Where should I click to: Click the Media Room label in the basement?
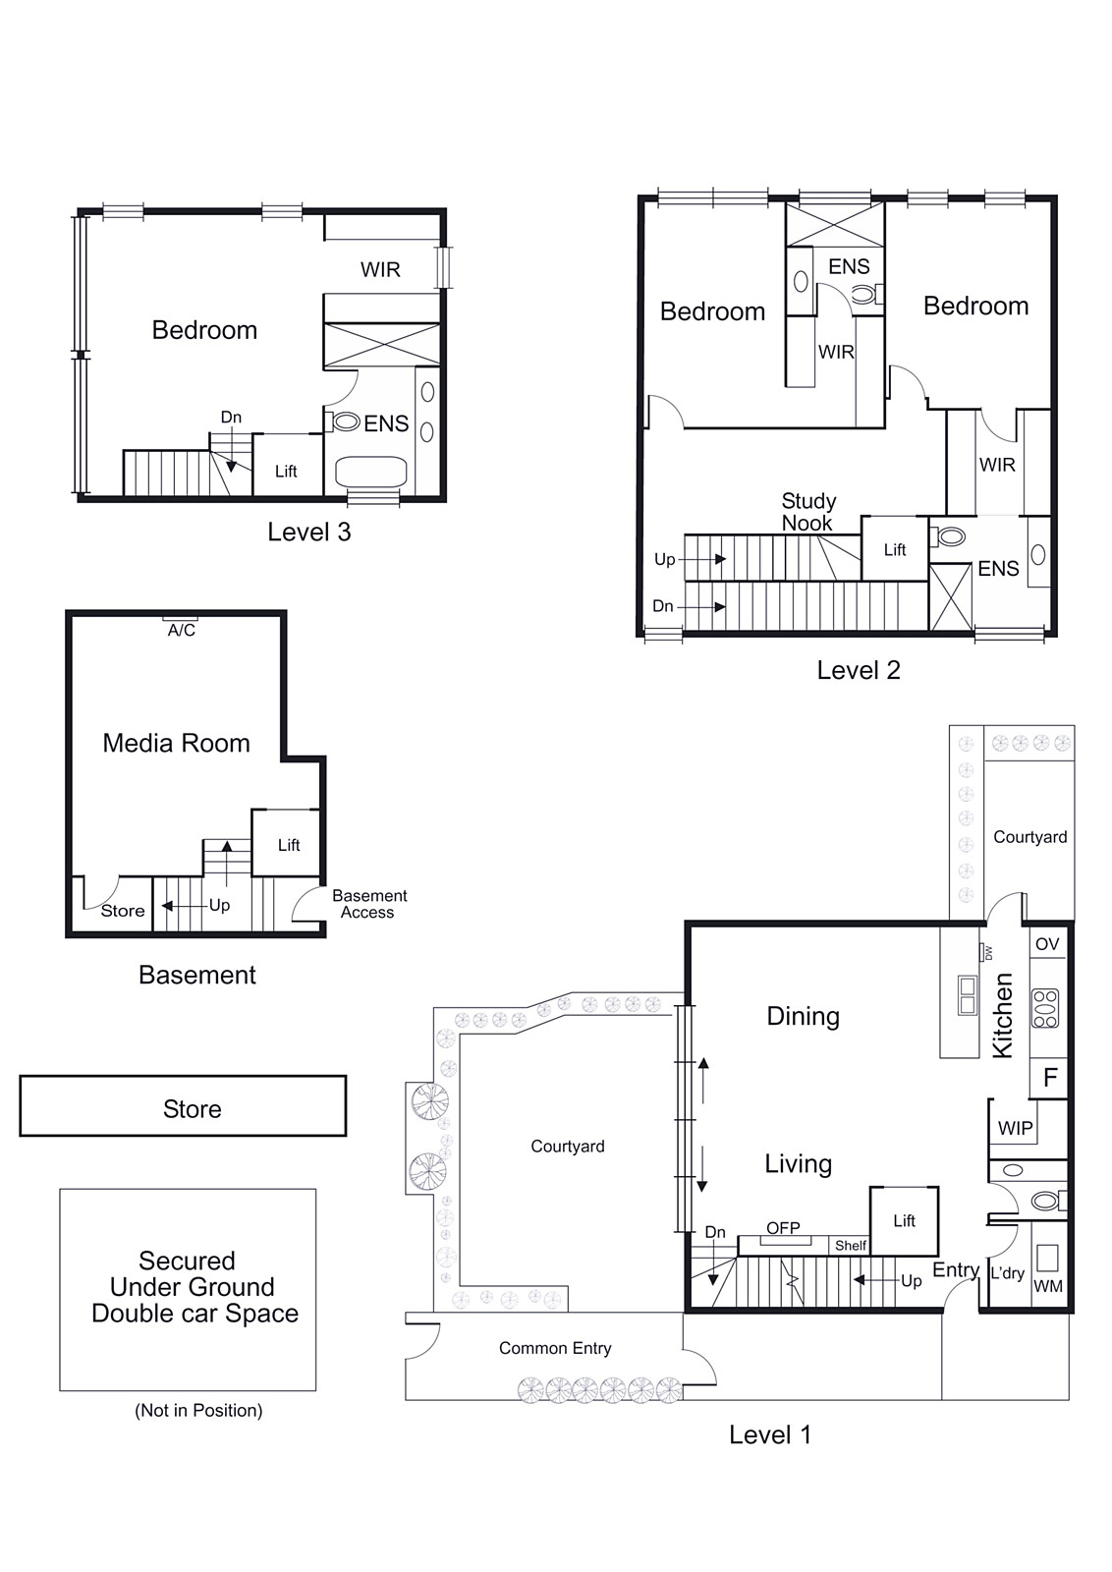176,743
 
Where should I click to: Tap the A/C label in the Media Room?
181,630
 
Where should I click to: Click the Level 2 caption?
858,670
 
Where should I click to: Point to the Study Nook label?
808,512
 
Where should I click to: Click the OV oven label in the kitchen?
1047,944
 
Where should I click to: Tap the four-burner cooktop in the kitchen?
1044,1008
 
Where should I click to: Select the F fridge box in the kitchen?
1049,1077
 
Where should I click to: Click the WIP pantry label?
1015,1128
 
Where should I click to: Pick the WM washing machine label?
1047,1286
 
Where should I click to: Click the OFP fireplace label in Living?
783,1227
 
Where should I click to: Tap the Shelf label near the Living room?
851,1246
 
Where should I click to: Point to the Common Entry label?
555,1348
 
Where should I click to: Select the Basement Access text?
369,904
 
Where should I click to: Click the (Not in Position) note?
198,1411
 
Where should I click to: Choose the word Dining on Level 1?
803,1016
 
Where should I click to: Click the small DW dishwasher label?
988,953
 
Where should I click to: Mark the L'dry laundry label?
1007,1272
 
